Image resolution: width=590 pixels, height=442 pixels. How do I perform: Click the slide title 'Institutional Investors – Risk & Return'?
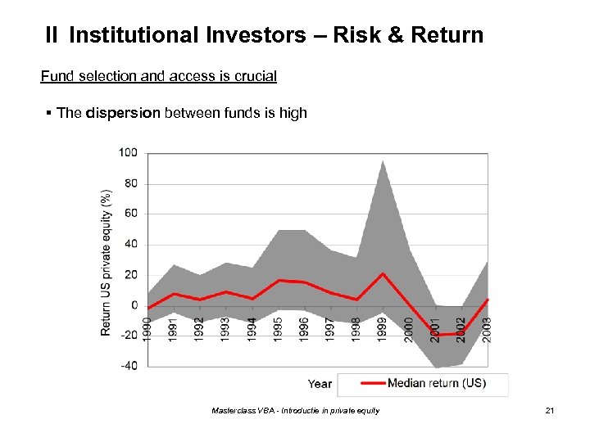pyautogui.click(x=276, y=35)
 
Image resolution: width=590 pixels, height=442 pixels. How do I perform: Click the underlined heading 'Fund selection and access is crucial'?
pyautogui.click(x=158, y=76)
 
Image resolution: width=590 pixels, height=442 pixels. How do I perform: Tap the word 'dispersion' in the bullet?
pyautogui.click(x=121, y=113)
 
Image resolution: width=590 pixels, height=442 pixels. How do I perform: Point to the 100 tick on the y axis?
pyautogui.click(x=128, y=153)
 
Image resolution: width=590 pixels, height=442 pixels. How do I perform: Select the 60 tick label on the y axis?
pyautogui.click(x=130, y=214)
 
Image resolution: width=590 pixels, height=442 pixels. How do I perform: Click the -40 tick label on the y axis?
pyautogui.click(x=128, y=366)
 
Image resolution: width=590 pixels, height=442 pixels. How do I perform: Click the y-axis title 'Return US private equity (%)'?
pyautogui.click(x=106, y=262)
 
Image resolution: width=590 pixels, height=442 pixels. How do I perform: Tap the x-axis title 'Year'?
pyautogui.click(x=320, y=383)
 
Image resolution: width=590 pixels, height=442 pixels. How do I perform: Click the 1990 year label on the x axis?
pyautogui.click(x=147, y=330)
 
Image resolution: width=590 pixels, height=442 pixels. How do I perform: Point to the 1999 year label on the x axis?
pyautogui.click(x=383, y=330)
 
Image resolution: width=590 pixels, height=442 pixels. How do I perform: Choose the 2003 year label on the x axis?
pyautogui.click(x=487, y=330)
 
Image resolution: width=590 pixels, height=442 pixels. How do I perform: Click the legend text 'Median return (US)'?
pyautogui.click(x=436, y=383)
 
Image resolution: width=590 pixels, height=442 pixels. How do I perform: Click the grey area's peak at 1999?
pyautogui.click(x=383, y=161)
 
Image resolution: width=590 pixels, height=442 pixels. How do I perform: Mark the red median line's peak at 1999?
pyautogui.click(x=383, y=273)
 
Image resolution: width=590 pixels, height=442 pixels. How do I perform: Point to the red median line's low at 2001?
pyautogui.click(x=435, y=336)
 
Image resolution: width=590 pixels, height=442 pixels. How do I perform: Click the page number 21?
pyautogui.click(x=550, y=410)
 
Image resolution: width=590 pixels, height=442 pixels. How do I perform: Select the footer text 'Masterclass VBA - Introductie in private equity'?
pyautogui.click(x=295, y=410)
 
